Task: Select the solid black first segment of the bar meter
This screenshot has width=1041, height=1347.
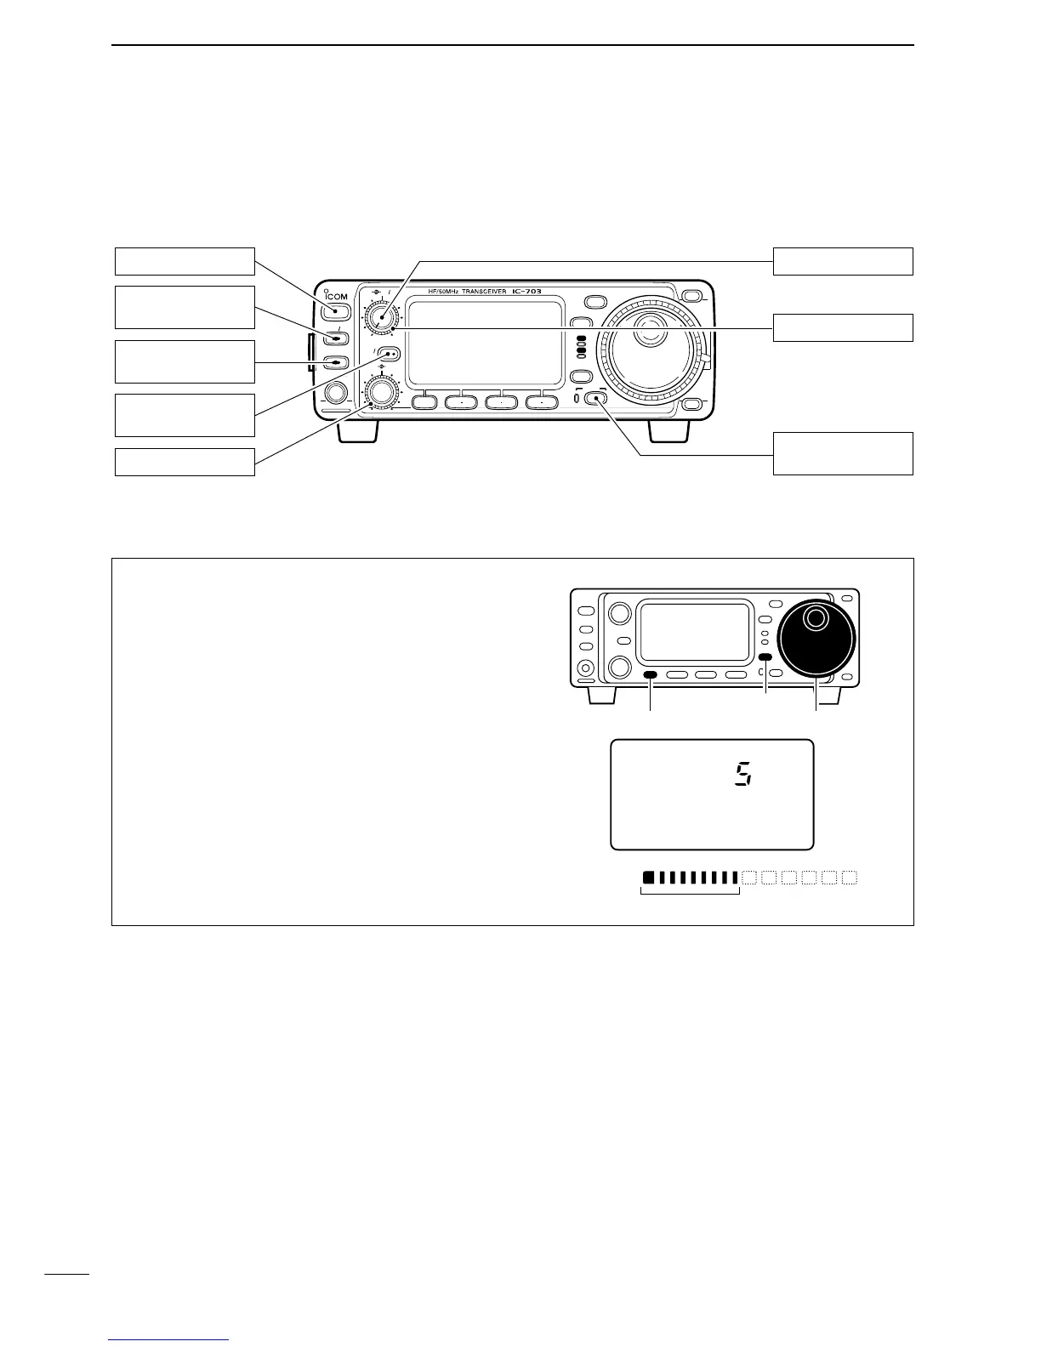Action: click(648, 877)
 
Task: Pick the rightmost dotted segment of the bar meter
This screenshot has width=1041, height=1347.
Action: click(849, 877)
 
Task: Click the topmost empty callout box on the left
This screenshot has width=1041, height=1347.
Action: click(185, 261)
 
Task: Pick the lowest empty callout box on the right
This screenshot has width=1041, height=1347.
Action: click(842, 453)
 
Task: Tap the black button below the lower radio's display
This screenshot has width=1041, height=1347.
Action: click(651, 675)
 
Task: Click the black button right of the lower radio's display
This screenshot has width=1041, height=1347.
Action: click(765, 657)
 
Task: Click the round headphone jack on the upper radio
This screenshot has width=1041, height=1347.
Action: click(335, 392)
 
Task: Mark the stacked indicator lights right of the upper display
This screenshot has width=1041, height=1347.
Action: click(581, 349)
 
